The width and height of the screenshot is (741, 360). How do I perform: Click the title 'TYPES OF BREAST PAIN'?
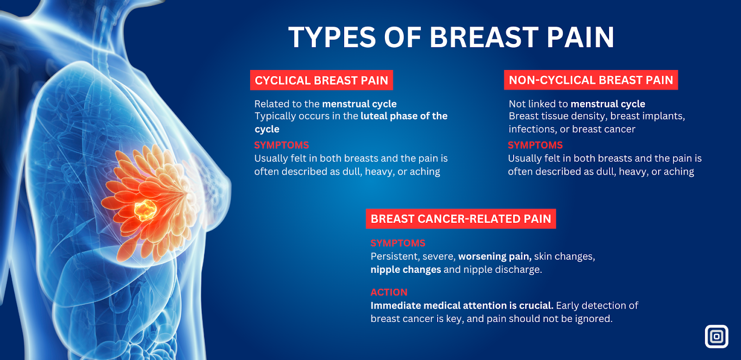point(451,37)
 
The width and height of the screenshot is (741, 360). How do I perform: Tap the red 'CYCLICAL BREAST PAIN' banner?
point(321,80)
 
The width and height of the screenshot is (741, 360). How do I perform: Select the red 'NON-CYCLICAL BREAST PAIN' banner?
point(591,80)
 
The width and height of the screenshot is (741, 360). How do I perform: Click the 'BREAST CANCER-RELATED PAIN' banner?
point(461,219)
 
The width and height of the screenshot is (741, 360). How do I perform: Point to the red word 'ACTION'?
point(389,292)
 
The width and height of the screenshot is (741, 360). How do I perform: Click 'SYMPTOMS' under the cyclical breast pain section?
point(282,145)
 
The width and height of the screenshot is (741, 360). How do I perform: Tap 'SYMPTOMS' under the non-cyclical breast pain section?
point(535,145)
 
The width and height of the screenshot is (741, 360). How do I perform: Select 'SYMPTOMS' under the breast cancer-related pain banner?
point(398,243)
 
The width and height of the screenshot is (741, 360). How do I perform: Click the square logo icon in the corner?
point(716,336)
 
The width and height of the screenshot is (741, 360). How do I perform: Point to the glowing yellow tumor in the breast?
point(145,209)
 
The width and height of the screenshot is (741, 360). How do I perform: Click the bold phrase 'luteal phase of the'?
point(404,116)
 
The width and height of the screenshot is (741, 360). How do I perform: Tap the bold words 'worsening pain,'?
point(495,256)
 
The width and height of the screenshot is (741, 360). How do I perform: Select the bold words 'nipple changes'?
point(406,270)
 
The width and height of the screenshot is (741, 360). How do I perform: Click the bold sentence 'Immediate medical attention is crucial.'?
point(462,305)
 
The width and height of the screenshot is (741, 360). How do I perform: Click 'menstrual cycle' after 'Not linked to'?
point(608,104)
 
